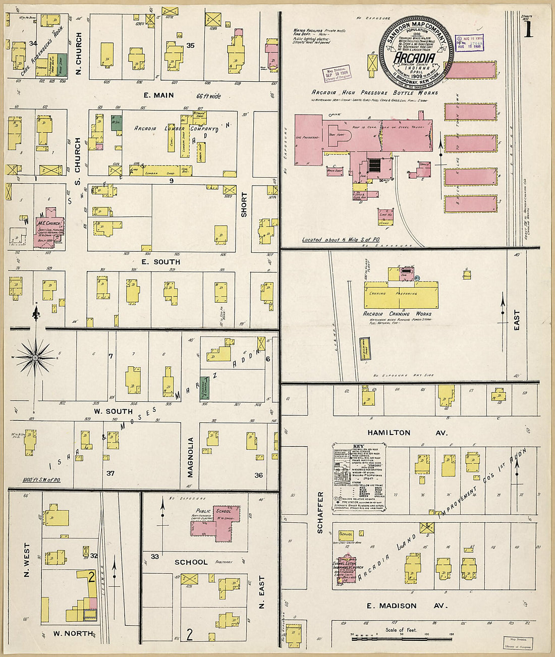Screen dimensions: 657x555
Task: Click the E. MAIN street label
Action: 158,95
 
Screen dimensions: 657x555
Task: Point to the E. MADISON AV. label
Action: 399,606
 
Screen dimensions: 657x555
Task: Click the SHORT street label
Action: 244,204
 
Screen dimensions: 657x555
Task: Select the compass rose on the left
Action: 35,357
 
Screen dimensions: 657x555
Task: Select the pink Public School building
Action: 217,523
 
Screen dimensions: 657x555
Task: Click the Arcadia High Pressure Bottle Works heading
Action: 374,93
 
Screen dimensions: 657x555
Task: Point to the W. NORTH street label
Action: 73,633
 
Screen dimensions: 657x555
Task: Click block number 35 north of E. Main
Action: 190,45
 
